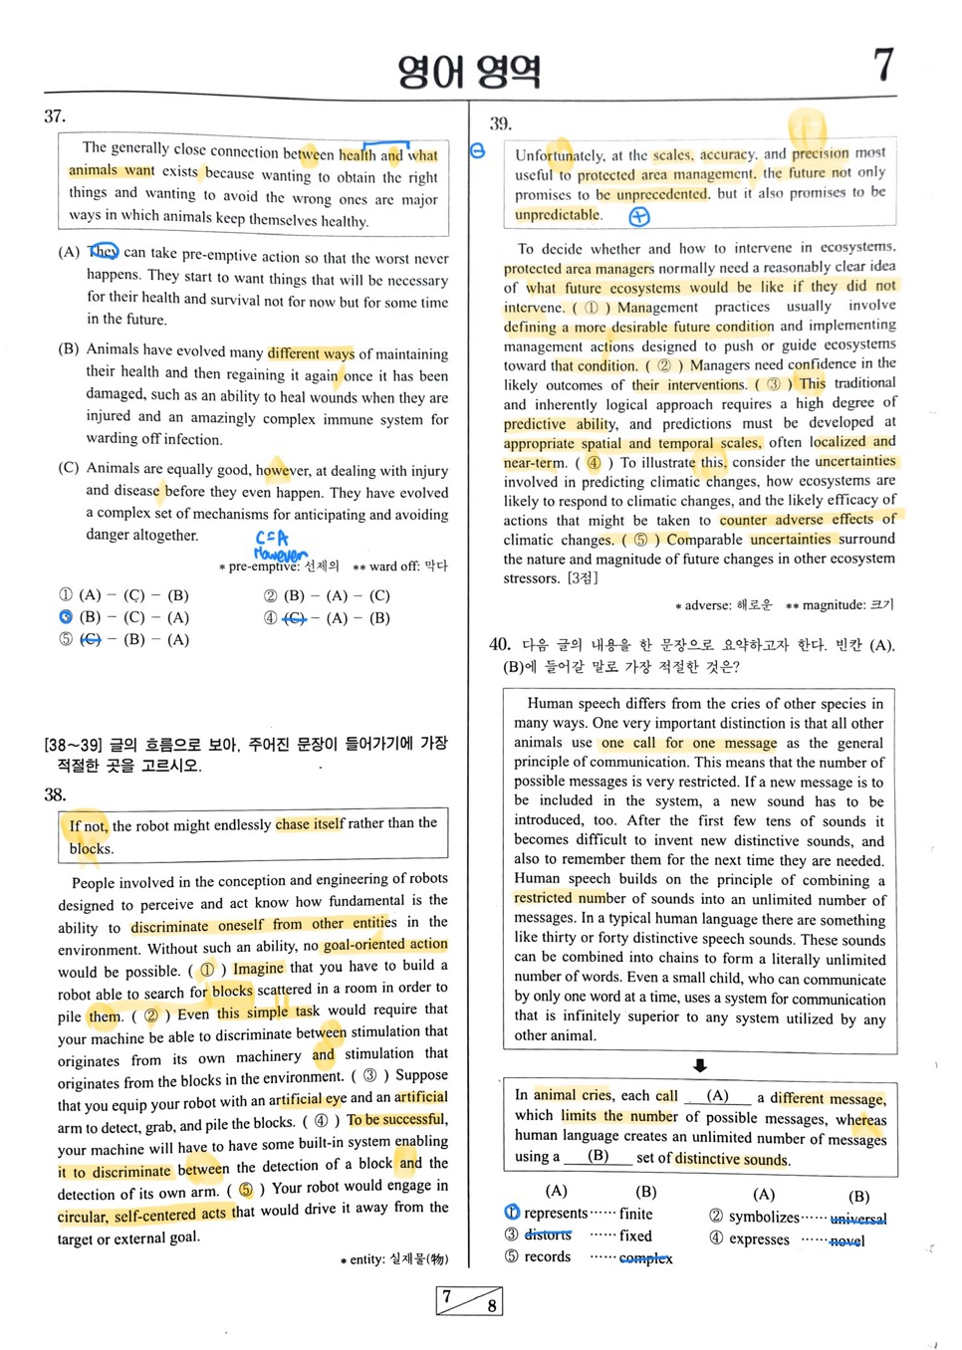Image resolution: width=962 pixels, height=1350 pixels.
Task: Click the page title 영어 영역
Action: pos(469,71)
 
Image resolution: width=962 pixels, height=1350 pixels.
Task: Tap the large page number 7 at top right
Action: pos(883,66)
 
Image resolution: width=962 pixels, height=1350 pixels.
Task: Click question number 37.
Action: pos(55,116)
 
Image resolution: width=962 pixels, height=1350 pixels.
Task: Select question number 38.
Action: pos(55,794)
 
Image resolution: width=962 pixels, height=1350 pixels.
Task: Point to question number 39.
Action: pos(500,123)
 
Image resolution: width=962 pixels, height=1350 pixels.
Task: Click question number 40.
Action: pos(500,644)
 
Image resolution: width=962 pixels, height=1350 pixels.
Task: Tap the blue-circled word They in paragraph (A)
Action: pos(103,251)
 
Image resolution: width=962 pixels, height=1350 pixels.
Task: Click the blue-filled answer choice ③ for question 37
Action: pos(66,617)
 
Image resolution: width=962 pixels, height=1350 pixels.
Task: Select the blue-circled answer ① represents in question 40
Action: pos(511,1213)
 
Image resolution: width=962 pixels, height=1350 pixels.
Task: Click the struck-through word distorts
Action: pos(548,1235)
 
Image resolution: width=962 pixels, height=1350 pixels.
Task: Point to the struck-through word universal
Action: pos(857,1218)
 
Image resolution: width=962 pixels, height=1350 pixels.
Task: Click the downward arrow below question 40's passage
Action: pos(700,1065)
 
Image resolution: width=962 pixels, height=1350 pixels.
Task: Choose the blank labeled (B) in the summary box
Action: pos(598,1157)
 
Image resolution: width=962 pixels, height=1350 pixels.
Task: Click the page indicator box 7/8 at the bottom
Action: pos(469,1300)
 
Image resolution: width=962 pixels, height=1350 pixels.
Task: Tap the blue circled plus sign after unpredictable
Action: pos(639,216)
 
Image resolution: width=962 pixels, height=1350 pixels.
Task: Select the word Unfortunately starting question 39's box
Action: pos(559,155)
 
